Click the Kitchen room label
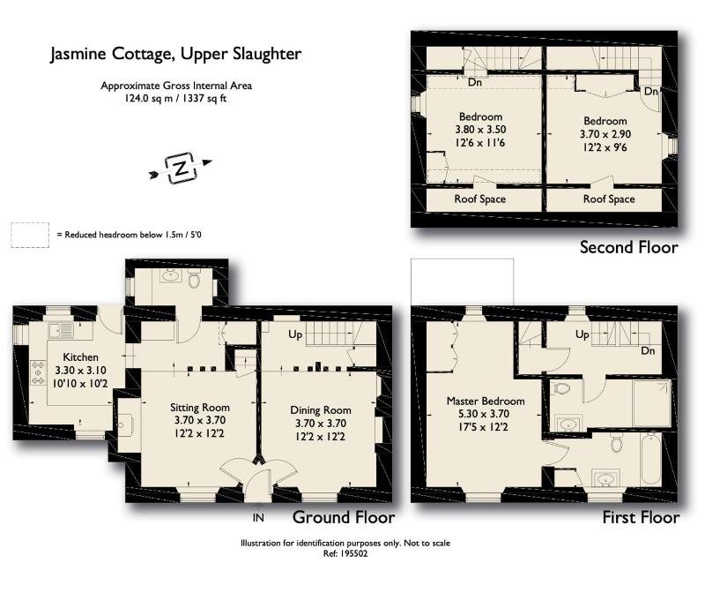(x=80, y=357)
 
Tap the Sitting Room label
(x=200, y=408)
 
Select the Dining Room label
(x=321, y=410)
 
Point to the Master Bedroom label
(x=486, y=401)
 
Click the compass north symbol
(x=181, y=168)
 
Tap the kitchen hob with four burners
(x=38, y=372)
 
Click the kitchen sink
(x=61, y=331)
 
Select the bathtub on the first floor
(x=650, y=461)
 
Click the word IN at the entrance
(x=258, y=518)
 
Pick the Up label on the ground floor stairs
(x=295, y=334)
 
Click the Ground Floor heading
(x=344, y=517)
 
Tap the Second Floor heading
(x=628, y=247)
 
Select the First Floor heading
(x=641, y=517)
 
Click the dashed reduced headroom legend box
(x=30, y=235)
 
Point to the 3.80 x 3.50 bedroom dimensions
(x=480, y=130)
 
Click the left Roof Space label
(x=480, y=199)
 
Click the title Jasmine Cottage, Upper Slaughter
(x=175, y=54)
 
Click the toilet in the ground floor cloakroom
(x=194, y=280)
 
